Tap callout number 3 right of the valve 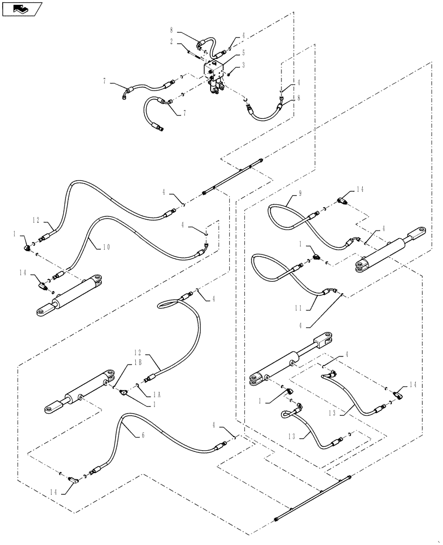[x=243, y=65]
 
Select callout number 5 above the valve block [x=243, y=53]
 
